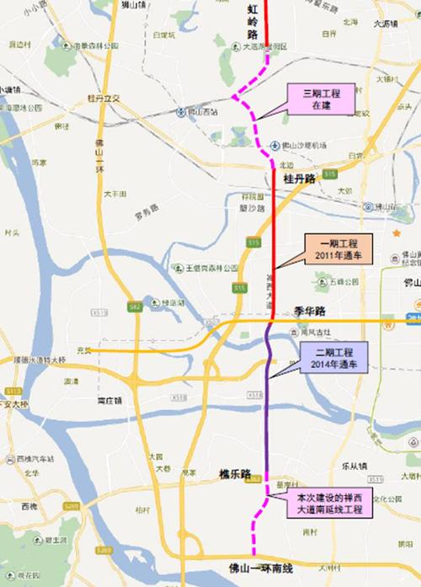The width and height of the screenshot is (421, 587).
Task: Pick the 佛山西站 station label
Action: pyautogui.click(x=202, y=111)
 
